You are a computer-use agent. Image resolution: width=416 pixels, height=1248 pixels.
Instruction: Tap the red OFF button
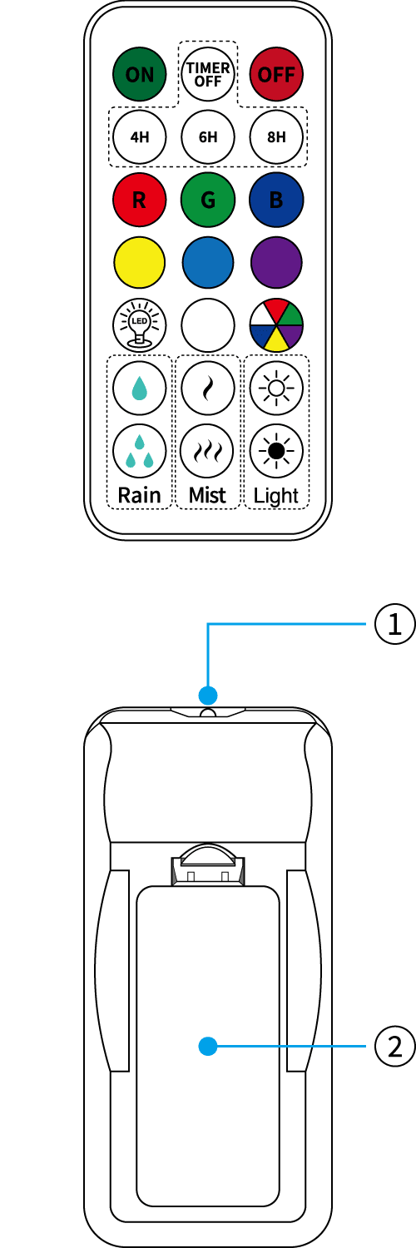click(x=276, y=74)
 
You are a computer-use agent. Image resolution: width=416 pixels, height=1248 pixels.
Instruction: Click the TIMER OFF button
click(x=208, y=74)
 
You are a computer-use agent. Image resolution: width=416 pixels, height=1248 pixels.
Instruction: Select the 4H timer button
click(x=139, y=137)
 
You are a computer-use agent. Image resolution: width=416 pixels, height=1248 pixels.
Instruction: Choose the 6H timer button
click(x=208, y=137)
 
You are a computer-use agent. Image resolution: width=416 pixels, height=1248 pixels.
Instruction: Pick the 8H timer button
click(x=276, y=137)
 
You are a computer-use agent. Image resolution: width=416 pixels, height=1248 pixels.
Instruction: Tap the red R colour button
click(x=139, y=200)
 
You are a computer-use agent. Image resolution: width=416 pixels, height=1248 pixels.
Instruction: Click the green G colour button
click(x=208, y=200)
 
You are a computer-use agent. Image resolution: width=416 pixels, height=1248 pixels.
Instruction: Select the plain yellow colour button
click(x=139, y=262)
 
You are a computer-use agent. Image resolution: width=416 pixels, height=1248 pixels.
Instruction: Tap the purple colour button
click(x=276, y=262)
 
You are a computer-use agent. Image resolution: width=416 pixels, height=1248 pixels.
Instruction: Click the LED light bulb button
click(x=139, y=325)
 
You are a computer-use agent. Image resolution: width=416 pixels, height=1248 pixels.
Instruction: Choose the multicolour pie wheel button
click(x=276, y=325)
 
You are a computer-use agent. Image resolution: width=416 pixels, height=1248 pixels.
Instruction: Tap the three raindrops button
click(x=139, y=451)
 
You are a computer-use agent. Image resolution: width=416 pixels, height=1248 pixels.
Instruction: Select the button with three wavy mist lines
click(x=208, y=451)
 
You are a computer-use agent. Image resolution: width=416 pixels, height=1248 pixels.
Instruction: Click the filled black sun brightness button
click(x=276, y=451)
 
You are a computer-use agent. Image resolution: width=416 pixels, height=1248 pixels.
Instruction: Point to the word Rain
click(x=139, y=495)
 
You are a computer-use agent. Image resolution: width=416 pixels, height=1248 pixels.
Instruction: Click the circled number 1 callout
click(x=395, y=624)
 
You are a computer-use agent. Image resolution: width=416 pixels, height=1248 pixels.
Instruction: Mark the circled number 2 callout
click(x=395, y=1047)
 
